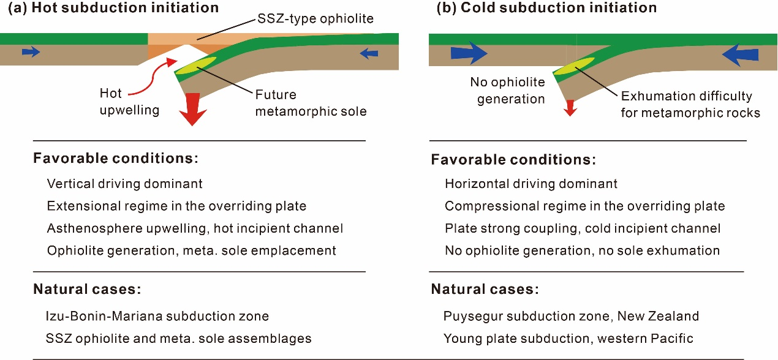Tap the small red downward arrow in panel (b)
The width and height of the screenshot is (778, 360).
pyautogui.click(x=570, y=108)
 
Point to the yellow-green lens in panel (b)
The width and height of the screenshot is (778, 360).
pyautogui.click(x=573, y=66)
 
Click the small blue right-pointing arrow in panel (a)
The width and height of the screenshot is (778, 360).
pyautogui.click(x=31, y=52)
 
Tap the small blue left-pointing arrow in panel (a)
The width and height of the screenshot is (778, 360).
pyautogui.click(x=369, y=53)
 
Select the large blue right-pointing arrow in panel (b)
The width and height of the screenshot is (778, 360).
pyautogui.click(x=469, y=53)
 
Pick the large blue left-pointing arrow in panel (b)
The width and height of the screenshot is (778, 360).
pyautogui.click(x=740, y=55)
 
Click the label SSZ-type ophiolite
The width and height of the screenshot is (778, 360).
pyautogui.click(x=315, y=18)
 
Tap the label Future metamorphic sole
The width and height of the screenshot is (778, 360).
pyautogui.click(x=311, y=103)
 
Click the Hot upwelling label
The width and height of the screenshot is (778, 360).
pyautogui.click(x=129, y=102)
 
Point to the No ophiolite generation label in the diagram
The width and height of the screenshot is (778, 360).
pyautogui.click(x=507, y=90)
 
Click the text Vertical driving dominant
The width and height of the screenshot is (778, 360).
pyautogui.click(x=125, y=184)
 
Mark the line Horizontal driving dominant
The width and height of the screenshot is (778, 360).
pyautogui.click(x=531, y=184)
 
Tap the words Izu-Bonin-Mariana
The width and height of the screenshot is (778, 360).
pyautogui.click(x=104, y=316)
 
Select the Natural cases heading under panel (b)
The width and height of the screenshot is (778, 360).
pyautogui.click(x=485, y=289)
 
